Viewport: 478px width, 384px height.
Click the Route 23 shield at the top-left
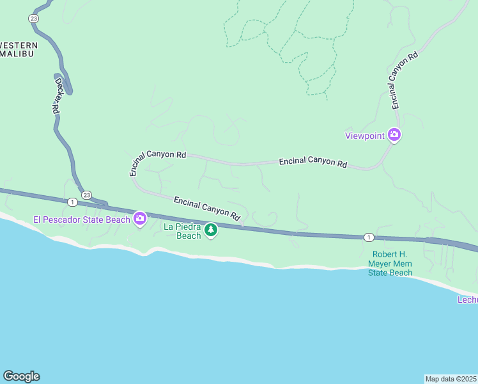coord(33,19)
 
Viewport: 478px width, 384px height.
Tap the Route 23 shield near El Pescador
coord(87,195)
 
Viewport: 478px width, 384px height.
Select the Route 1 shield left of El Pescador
coord(72,202)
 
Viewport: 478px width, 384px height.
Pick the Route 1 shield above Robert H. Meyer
coord(369,237)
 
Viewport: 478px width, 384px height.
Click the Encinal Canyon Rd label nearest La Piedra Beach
coord(206,209)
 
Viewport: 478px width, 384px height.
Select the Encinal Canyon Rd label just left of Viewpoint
coord(312,163)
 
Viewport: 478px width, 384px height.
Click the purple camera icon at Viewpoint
coord(394,135)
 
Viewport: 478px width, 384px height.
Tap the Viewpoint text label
coord(364,136)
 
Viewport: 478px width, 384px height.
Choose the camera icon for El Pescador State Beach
coord(140,220)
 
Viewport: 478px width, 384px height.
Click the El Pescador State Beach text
coord(81,220)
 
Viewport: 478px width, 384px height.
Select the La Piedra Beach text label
coord(183,231)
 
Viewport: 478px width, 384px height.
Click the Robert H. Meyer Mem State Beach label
coord(390,263)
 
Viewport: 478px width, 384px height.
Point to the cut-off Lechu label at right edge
coord(467,300)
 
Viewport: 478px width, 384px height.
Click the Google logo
coord(21,376)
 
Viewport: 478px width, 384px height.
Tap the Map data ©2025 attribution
coord(451,378)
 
